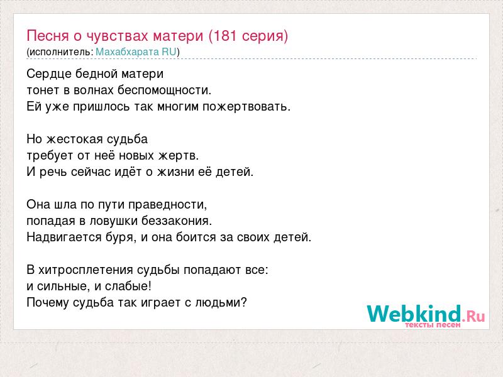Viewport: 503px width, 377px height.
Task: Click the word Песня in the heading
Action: pos(48,36)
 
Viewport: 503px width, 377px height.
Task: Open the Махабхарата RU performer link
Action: pos(136,52)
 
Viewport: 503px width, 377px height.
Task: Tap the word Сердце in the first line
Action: pos(49,74)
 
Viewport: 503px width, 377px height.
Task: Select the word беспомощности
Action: pos(164,90)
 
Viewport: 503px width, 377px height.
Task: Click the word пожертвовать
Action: pos(246,107)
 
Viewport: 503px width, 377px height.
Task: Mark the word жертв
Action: pos(179,156)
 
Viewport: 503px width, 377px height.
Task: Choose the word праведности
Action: pos(168,205)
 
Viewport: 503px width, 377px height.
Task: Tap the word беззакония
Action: pos(177,221)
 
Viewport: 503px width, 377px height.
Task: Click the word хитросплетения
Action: pos(86,270)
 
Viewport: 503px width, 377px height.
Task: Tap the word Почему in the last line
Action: pos(48,303)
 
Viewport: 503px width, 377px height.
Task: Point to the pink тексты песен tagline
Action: pos(433,325)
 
